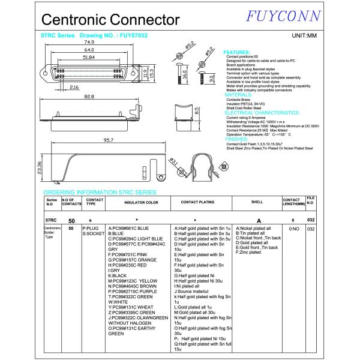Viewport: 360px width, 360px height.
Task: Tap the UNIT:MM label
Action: [304, 37]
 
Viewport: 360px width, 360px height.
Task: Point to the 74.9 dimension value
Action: [89, 43]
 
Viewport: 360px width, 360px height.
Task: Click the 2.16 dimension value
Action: [74, 88]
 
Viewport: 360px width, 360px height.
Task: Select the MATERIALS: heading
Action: [238, 95]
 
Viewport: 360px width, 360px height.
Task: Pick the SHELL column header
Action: [257, 203]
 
